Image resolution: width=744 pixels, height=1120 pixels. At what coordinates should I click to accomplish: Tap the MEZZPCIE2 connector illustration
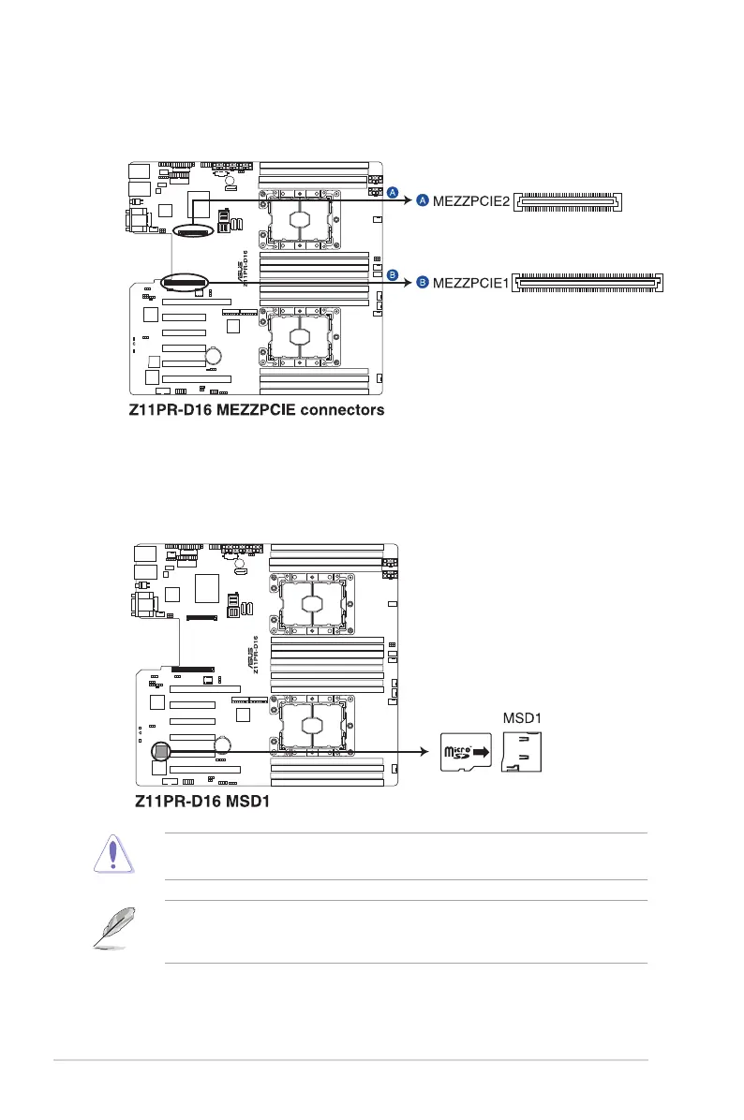pos(569,201)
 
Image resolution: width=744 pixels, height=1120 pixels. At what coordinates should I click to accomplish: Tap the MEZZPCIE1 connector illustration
pos(589,281)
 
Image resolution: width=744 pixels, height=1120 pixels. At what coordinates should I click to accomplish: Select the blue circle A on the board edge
pos(394,192)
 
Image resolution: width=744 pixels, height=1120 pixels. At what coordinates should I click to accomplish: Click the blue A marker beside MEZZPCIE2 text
pos(423,201)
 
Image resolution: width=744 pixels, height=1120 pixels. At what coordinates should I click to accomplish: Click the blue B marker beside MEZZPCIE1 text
pos(423,281)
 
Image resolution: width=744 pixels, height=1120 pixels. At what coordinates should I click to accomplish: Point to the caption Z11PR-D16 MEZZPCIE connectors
pos(257,410)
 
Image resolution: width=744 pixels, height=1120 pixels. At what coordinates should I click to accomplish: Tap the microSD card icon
pos(466,752)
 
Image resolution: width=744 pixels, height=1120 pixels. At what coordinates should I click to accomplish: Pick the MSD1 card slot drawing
pos(521,752)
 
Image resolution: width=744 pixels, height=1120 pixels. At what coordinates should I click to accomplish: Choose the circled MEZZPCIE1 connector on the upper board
pos(184,280)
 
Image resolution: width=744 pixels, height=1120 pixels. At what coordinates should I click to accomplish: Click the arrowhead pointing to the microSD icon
pos(424,751)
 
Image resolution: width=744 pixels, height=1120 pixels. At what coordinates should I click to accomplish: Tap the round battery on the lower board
pos(223,745)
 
